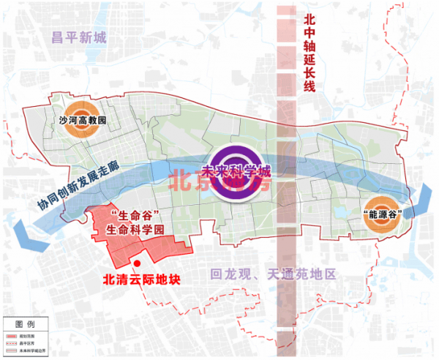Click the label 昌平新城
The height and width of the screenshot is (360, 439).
tap(79, 38)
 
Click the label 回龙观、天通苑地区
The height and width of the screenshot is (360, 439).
tap(272, 275)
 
